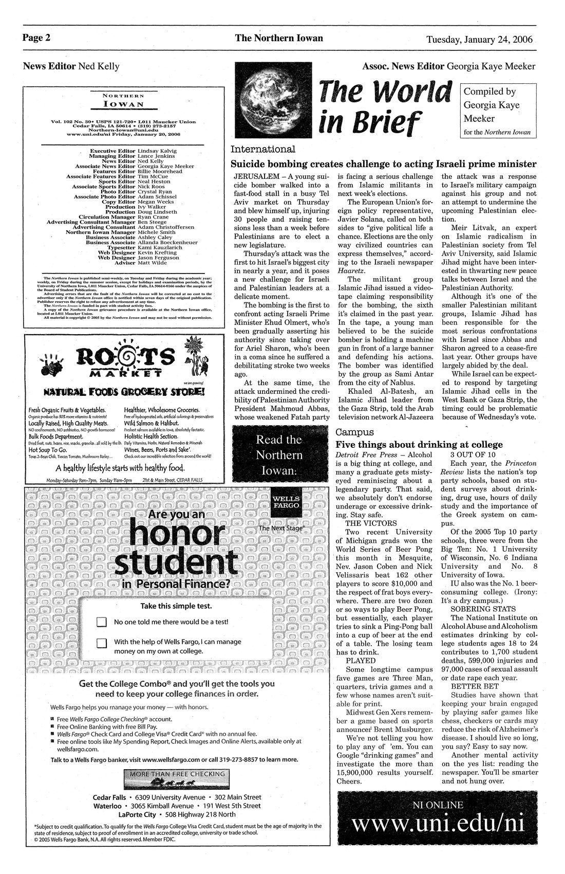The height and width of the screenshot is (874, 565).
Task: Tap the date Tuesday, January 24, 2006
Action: click(479, 39)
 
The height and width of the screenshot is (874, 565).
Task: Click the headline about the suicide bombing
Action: click(384, 164)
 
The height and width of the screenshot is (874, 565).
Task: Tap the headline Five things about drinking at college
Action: click(419, 444)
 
